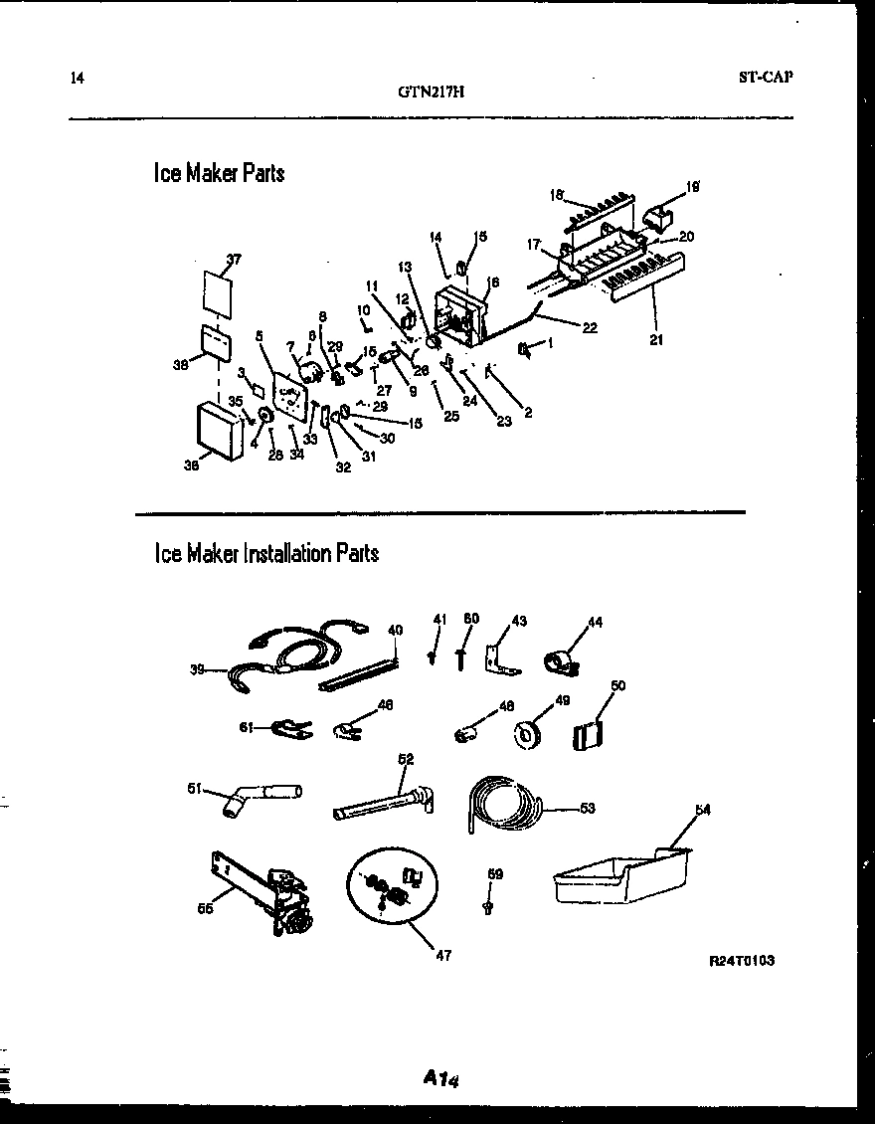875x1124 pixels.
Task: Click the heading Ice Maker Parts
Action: pyautogui.click(x=219, y=173)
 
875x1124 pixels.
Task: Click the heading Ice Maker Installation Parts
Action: pyautogui.click(x=265, y=553)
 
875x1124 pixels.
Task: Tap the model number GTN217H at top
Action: pyautogui.click(x=431, y=93)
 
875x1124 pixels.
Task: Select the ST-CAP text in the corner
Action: pyautogui.click(x=766, y=77)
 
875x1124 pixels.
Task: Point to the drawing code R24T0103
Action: pyautogui.click(x=741, y=961)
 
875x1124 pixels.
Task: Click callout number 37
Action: pyautogui.click(x=234, y=259)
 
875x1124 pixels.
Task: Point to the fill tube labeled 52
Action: pyautogui.click(x=383, y=802)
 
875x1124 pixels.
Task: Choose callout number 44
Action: pyautogui.click(x=596, y=623)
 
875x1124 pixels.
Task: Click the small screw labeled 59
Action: pyautogui.click(x=487, y=906)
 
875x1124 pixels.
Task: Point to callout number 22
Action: pyautogui.click(x=590, y=328)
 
